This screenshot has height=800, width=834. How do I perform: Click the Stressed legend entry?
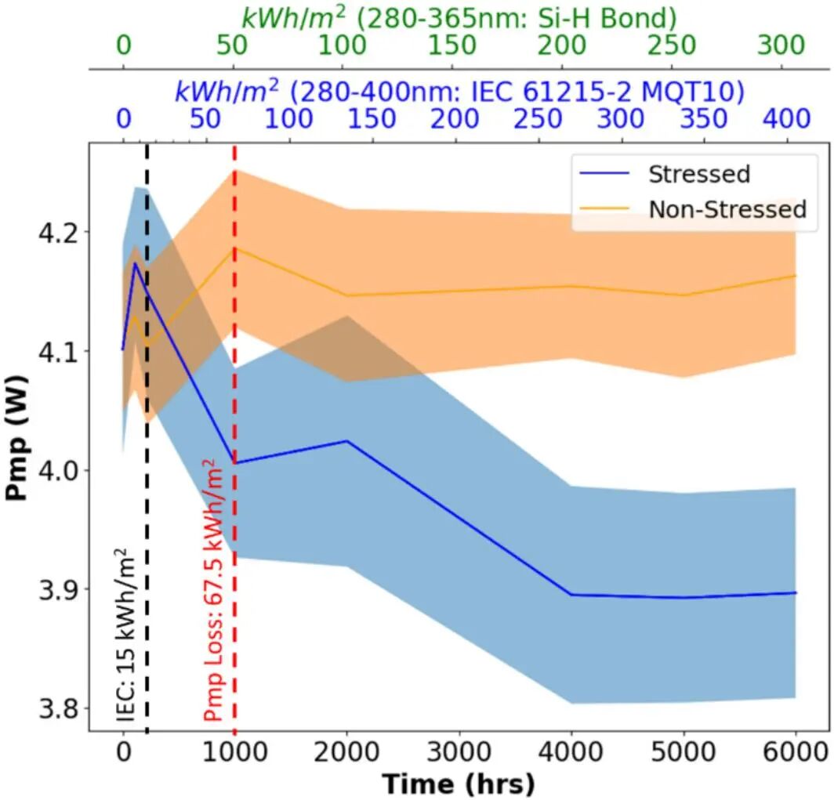698,173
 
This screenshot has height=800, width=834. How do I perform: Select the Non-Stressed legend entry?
726,209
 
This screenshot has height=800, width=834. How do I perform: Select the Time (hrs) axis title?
459,782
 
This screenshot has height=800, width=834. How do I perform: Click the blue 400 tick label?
787,119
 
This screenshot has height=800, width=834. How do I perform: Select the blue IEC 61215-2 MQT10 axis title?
458,91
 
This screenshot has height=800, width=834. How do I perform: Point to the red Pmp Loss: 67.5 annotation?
212,594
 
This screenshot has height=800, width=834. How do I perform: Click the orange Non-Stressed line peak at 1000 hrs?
235,248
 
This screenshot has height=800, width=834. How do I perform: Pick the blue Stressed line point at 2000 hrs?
347,441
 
